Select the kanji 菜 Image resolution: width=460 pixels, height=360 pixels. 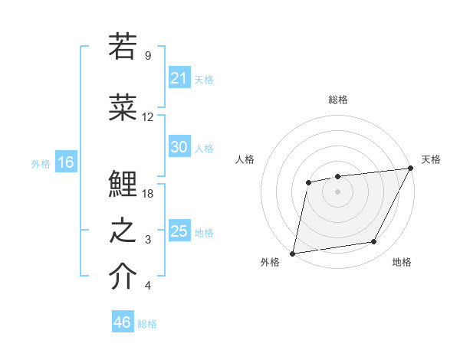(x=123, y=108)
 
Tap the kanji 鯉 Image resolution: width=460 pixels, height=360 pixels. (x=123, y=185)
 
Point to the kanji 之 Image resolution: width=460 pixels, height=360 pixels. (x=123, y=231)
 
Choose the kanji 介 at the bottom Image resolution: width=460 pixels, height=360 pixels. (x=123, y=277)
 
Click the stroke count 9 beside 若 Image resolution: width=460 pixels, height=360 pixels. (x=147, y=56)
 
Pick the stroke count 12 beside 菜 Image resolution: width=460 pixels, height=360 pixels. (x=148, y=117)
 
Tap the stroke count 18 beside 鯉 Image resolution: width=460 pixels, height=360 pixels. (x=148, y=194)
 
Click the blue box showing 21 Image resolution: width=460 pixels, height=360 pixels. (x=179, y=77)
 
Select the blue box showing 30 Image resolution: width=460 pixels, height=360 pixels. (x=179, y=147)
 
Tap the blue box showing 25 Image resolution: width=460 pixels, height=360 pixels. (x=179, y=231)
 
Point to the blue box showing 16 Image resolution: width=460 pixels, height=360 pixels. (x=66, y=162)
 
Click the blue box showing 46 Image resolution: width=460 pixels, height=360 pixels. (x=122, y=322)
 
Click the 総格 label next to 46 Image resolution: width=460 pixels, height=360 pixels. (x=147, y=324)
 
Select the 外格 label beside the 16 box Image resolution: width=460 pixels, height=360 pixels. (x=41, y=163)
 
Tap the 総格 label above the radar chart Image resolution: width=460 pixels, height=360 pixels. (x=338, y=100)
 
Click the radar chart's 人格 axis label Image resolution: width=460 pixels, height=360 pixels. (x=245, y=159)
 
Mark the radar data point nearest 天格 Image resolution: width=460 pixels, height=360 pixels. (x=411, y=169)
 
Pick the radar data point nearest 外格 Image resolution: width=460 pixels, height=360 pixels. (x=292, y=253)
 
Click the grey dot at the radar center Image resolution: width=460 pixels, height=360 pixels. (x=337, y=191)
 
